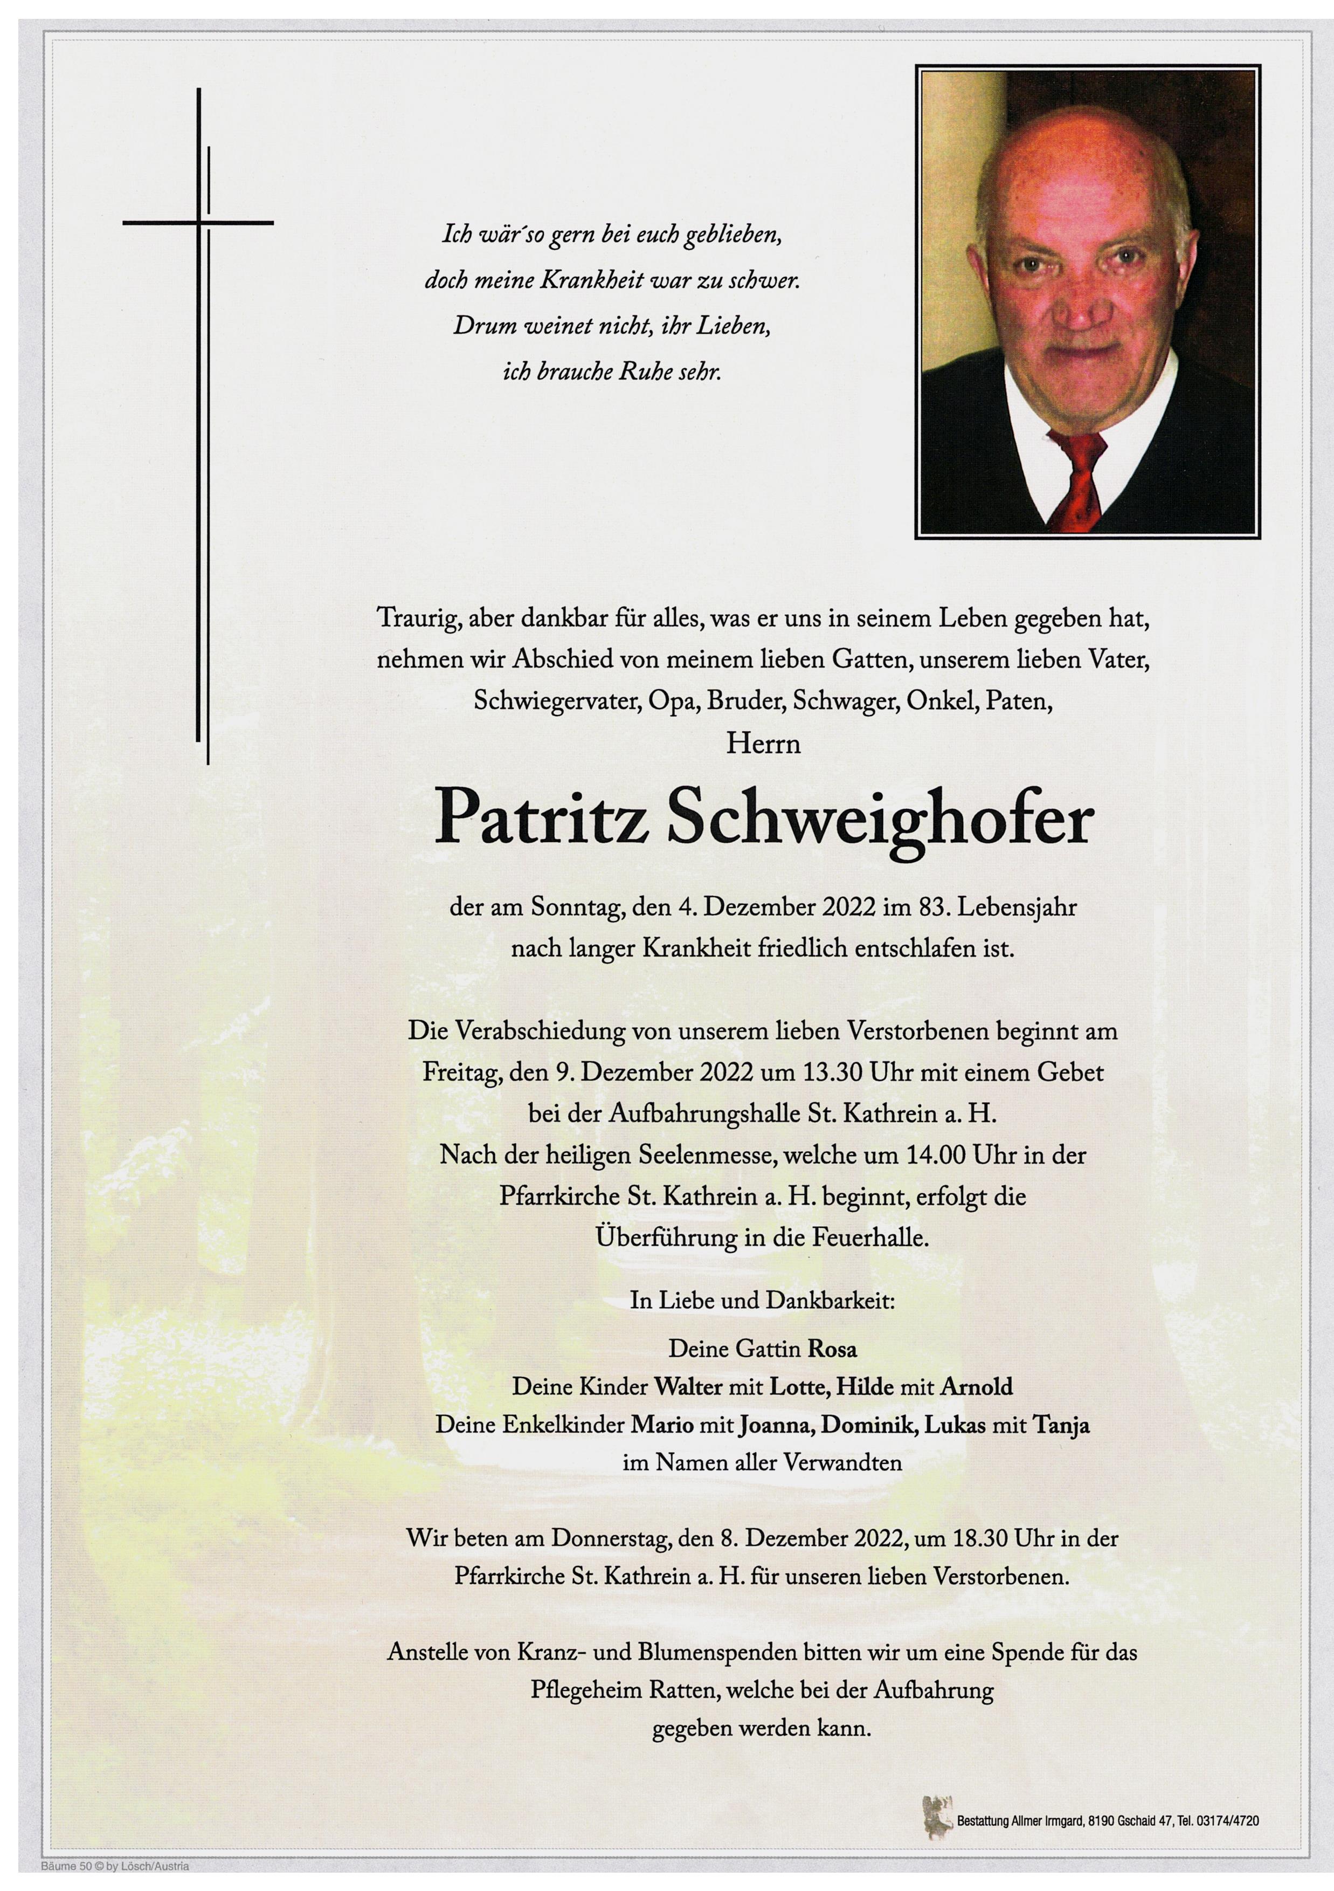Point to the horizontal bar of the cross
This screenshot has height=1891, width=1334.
[x=198, y=222]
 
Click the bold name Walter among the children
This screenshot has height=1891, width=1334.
[x=688, y=1387]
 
